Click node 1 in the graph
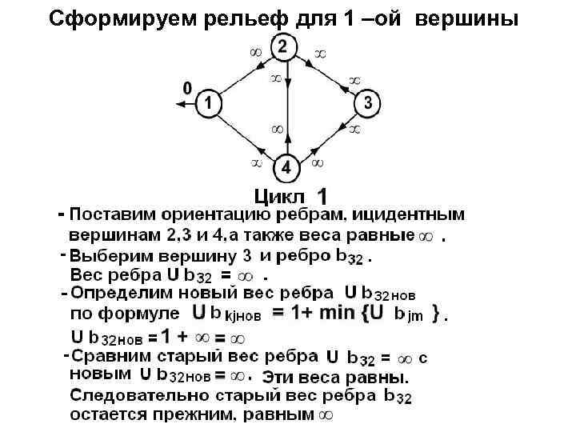(x=208, y=102)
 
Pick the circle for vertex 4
(x=286, y=169)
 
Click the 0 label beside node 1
(x=187, y=87)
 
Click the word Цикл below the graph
(x=279, y=197)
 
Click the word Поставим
(x=112, y=215)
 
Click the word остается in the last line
(x=112, y=414)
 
